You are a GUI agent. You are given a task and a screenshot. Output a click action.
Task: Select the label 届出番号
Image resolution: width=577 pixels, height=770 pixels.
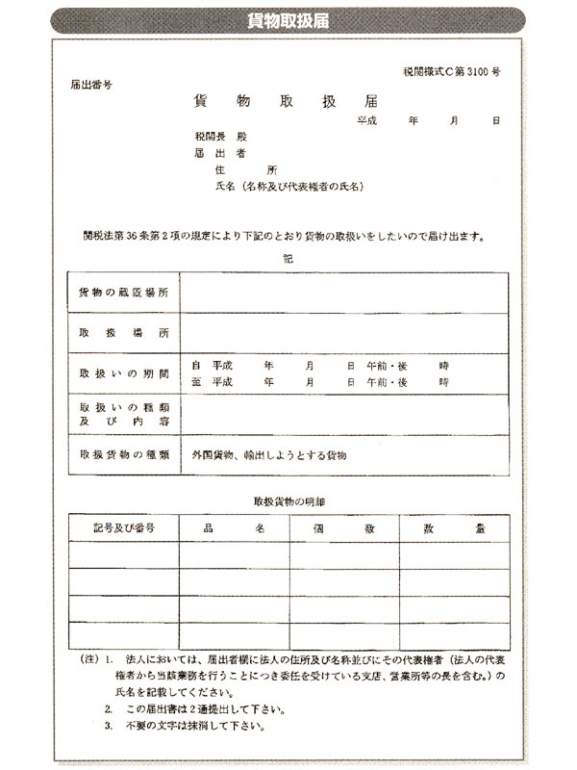pyautogui.click(x=92, y=85)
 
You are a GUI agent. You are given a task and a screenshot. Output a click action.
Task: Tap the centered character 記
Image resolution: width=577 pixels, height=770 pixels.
pyautogui.click(x=288, y=258)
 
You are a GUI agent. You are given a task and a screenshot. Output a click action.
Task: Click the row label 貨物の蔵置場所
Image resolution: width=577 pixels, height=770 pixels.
pyautogui.click(x=123, y=292)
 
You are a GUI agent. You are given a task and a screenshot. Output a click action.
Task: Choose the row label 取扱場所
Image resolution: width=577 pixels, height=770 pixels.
pyautogui.click(x=123, y=332)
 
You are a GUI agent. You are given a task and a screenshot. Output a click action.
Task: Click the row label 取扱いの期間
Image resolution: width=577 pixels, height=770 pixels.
pyautogui.click(x=123, y=373)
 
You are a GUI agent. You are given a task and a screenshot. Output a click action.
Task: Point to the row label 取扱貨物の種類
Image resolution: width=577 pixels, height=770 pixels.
pyautogui.click(x=123, y=453)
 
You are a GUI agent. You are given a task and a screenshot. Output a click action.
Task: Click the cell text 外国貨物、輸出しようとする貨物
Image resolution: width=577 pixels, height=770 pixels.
pyautogui.click(x=268, y=453)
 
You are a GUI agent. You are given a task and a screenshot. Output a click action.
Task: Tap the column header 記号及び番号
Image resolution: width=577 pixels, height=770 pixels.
pyautogui.click(x=124, y=528)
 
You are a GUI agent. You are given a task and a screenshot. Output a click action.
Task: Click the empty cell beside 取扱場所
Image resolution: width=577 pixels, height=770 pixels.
pyautogui.click(x=343, y=332)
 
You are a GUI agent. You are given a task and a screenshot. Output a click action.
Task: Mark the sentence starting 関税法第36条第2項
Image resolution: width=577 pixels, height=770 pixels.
pyautogui.click(x=288, y=235)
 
